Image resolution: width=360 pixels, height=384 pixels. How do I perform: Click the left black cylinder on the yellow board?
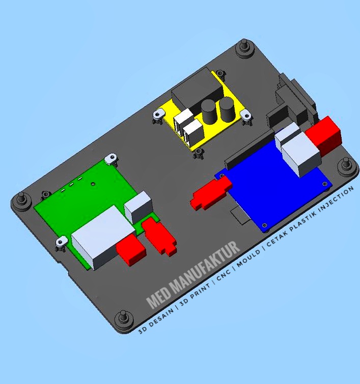pyautogui.click(x=208, y=112)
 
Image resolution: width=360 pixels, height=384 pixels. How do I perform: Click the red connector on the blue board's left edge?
pyautogui.click(x=209, y=194)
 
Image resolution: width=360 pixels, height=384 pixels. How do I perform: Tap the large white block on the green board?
pyautogui.click(x=99, y=237)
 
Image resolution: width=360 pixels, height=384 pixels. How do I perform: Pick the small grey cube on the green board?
pyautogui.click(x=138, y=206)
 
